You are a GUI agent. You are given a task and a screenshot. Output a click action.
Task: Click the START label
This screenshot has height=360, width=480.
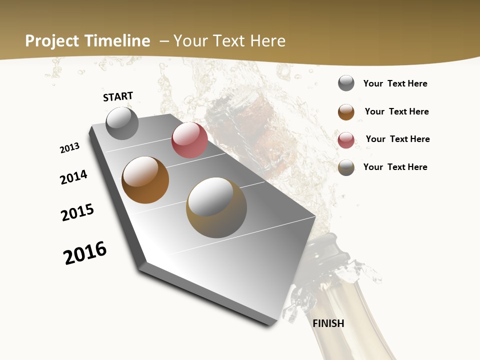tap(118, 96)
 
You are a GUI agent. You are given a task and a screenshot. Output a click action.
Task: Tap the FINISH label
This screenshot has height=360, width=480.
tap(328, 323)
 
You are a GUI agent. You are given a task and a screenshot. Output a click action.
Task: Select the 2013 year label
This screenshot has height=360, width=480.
tap(69, 148)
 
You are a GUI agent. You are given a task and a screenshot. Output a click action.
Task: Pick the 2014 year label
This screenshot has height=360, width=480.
tap(73, 177)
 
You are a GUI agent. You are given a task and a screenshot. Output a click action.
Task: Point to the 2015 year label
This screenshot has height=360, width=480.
tap(77, 212)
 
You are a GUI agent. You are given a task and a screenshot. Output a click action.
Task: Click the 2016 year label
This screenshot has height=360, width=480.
tap(85, 253)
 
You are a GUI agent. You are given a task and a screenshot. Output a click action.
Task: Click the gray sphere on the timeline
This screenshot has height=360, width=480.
tap(122, 123)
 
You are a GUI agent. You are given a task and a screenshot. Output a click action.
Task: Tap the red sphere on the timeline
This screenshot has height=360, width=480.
tap(189, 140)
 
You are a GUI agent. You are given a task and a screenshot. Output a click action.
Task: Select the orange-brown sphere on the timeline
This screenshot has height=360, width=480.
tap(145, 180)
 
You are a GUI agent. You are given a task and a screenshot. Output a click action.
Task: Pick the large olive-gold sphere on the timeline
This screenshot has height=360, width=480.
tap(216, 207)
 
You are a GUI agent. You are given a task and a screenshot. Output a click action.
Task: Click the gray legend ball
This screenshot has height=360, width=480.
tap(346, 83)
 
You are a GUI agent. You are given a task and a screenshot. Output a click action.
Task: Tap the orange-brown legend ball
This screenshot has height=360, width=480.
tap(346, 112)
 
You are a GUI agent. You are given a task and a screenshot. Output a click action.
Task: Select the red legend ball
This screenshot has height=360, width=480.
tap(346, 140)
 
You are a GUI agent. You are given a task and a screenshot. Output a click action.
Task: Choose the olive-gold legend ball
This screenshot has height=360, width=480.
tap(346, 167)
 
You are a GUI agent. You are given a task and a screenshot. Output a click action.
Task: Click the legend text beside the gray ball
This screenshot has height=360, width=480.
tap(395, 83)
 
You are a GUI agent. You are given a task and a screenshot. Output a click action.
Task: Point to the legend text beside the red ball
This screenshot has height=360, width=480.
tap(397, 139)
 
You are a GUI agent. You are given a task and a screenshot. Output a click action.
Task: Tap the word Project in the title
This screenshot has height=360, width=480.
tap(51, 41)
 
